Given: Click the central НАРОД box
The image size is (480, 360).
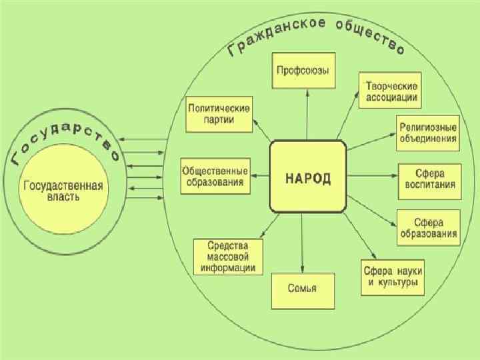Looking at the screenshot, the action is click(x=307, y=178).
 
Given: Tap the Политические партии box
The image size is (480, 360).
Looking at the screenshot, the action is click(x=219, y=113).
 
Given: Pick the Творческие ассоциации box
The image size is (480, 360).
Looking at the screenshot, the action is click(x=392, y=92).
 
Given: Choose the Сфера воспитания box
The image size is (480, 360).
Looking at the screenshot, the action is click(x=429, y=179).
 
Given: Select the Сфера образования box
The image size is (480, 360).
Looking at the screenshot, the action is click(x=429, y=227).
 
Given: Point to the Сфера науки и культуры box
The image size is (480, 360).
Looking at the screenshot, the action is click(x=393, y=277).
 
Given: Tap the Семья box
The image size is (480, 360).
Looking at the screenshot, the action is click(x=302, y=289).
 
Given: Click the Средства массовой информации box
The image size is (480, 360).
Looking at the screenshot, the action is click(x=229, y=257).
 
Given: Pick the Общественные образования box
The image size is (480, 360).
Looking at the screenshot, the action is click(x=216, y=176).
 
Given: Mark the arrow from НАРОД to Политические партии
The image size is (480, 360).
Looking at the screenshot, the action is click(x=261, y=132).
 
